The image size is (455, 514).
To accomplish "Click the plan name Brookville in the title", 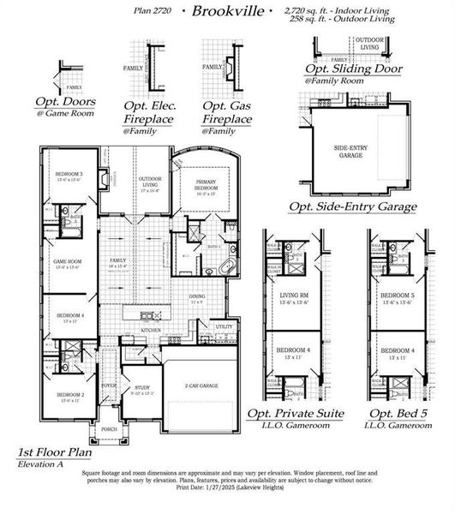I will [222, 12].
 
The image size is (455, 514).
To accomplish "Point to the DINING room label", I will [196, 298].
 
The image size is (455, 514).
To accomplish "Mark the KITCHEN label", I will [151, 329].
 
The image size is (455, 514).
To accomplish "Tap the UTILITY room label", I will [224, 326].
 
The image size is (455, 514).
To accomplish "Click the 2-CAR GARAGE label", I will [201, 386].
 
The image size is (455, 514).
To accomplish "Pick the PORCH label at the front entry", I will [110, 429].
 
